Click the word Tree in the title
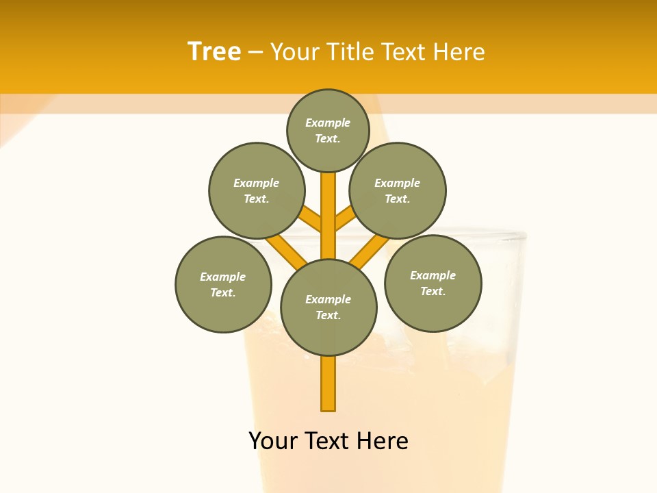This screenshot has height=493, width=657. click(214, 52)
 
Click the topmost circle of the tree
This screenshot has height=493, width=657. click(328, 130)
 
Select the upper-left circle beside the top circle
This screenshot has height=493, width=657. click(257, 190)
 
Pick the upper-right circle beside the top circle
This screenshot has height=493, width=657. click(398, 190)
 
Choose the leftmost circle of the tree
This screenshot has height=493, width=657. click(223, 284)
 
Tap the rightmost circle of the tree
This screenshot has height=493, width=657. click(433, 283)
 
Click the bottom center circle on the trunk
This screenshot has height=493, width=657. click(328, 307)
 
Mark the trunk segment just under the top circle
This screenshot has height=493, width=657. click(328, 199)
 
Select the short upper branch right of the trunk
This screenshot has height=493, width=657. click(345, 218)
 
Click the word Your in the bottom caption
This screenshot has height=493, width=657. click(272, 441)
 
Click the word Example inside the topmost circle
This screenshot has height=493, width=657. click(328, 123)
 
